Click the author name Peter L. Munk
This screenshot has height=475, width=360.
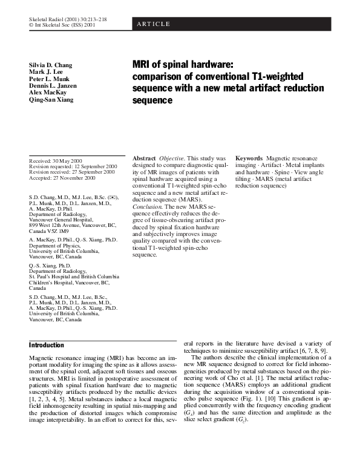49,79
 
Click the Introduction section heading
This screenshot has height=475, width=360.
47,346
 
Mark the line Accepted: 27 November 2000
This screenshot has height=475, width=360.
62,179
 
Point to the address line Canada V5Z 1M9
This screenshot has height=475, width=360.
49,231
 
